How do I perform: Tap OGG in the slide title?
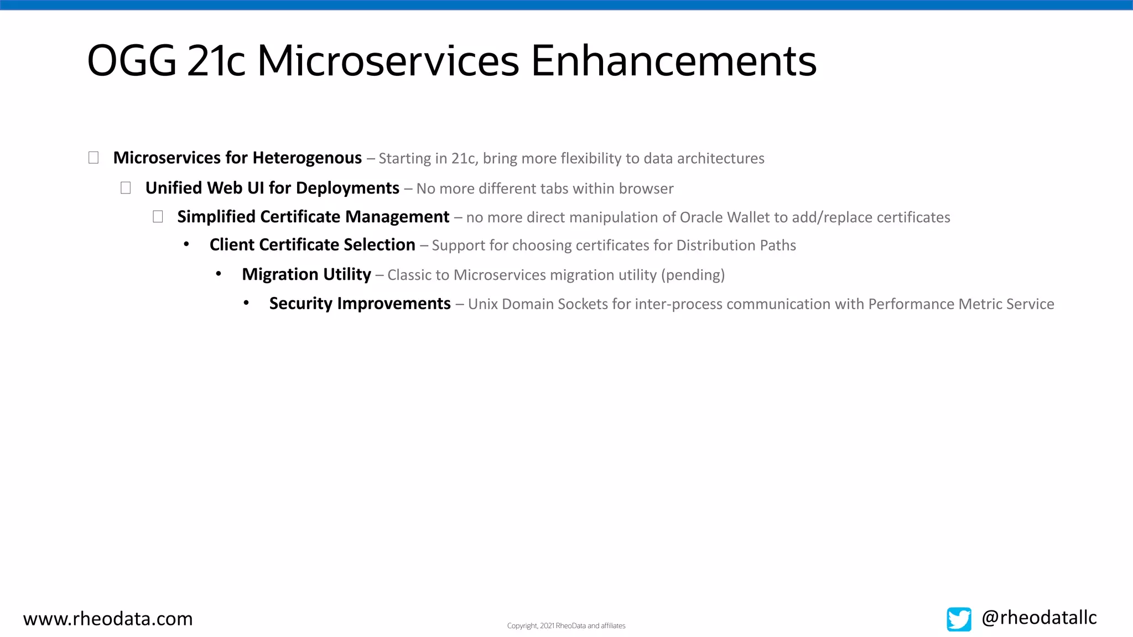[132, 60]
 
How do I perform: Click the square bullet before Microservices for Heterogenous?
[93, 158]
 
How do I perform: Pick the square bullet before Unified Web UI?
[126, 188]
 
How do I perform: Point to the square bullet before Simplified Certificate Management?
[158, 217]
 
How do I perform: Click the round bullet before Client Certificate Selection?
[186, 244]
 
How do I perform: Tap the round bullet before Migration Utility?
[219, 274]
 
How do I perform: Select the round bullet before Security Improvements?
[246, 303]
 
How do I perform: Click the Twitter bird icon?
[959, 619]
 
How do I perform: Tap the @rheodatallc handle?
[1039, 618]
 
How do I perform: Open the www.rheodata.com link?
[108, 619]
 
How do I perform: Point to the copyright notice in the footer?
[566, 626]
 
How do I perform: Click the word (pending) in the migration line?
[693, 275]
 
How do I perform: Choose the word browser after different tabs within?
[646, 189]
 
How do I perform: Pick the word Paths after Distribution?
[777, 246]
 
